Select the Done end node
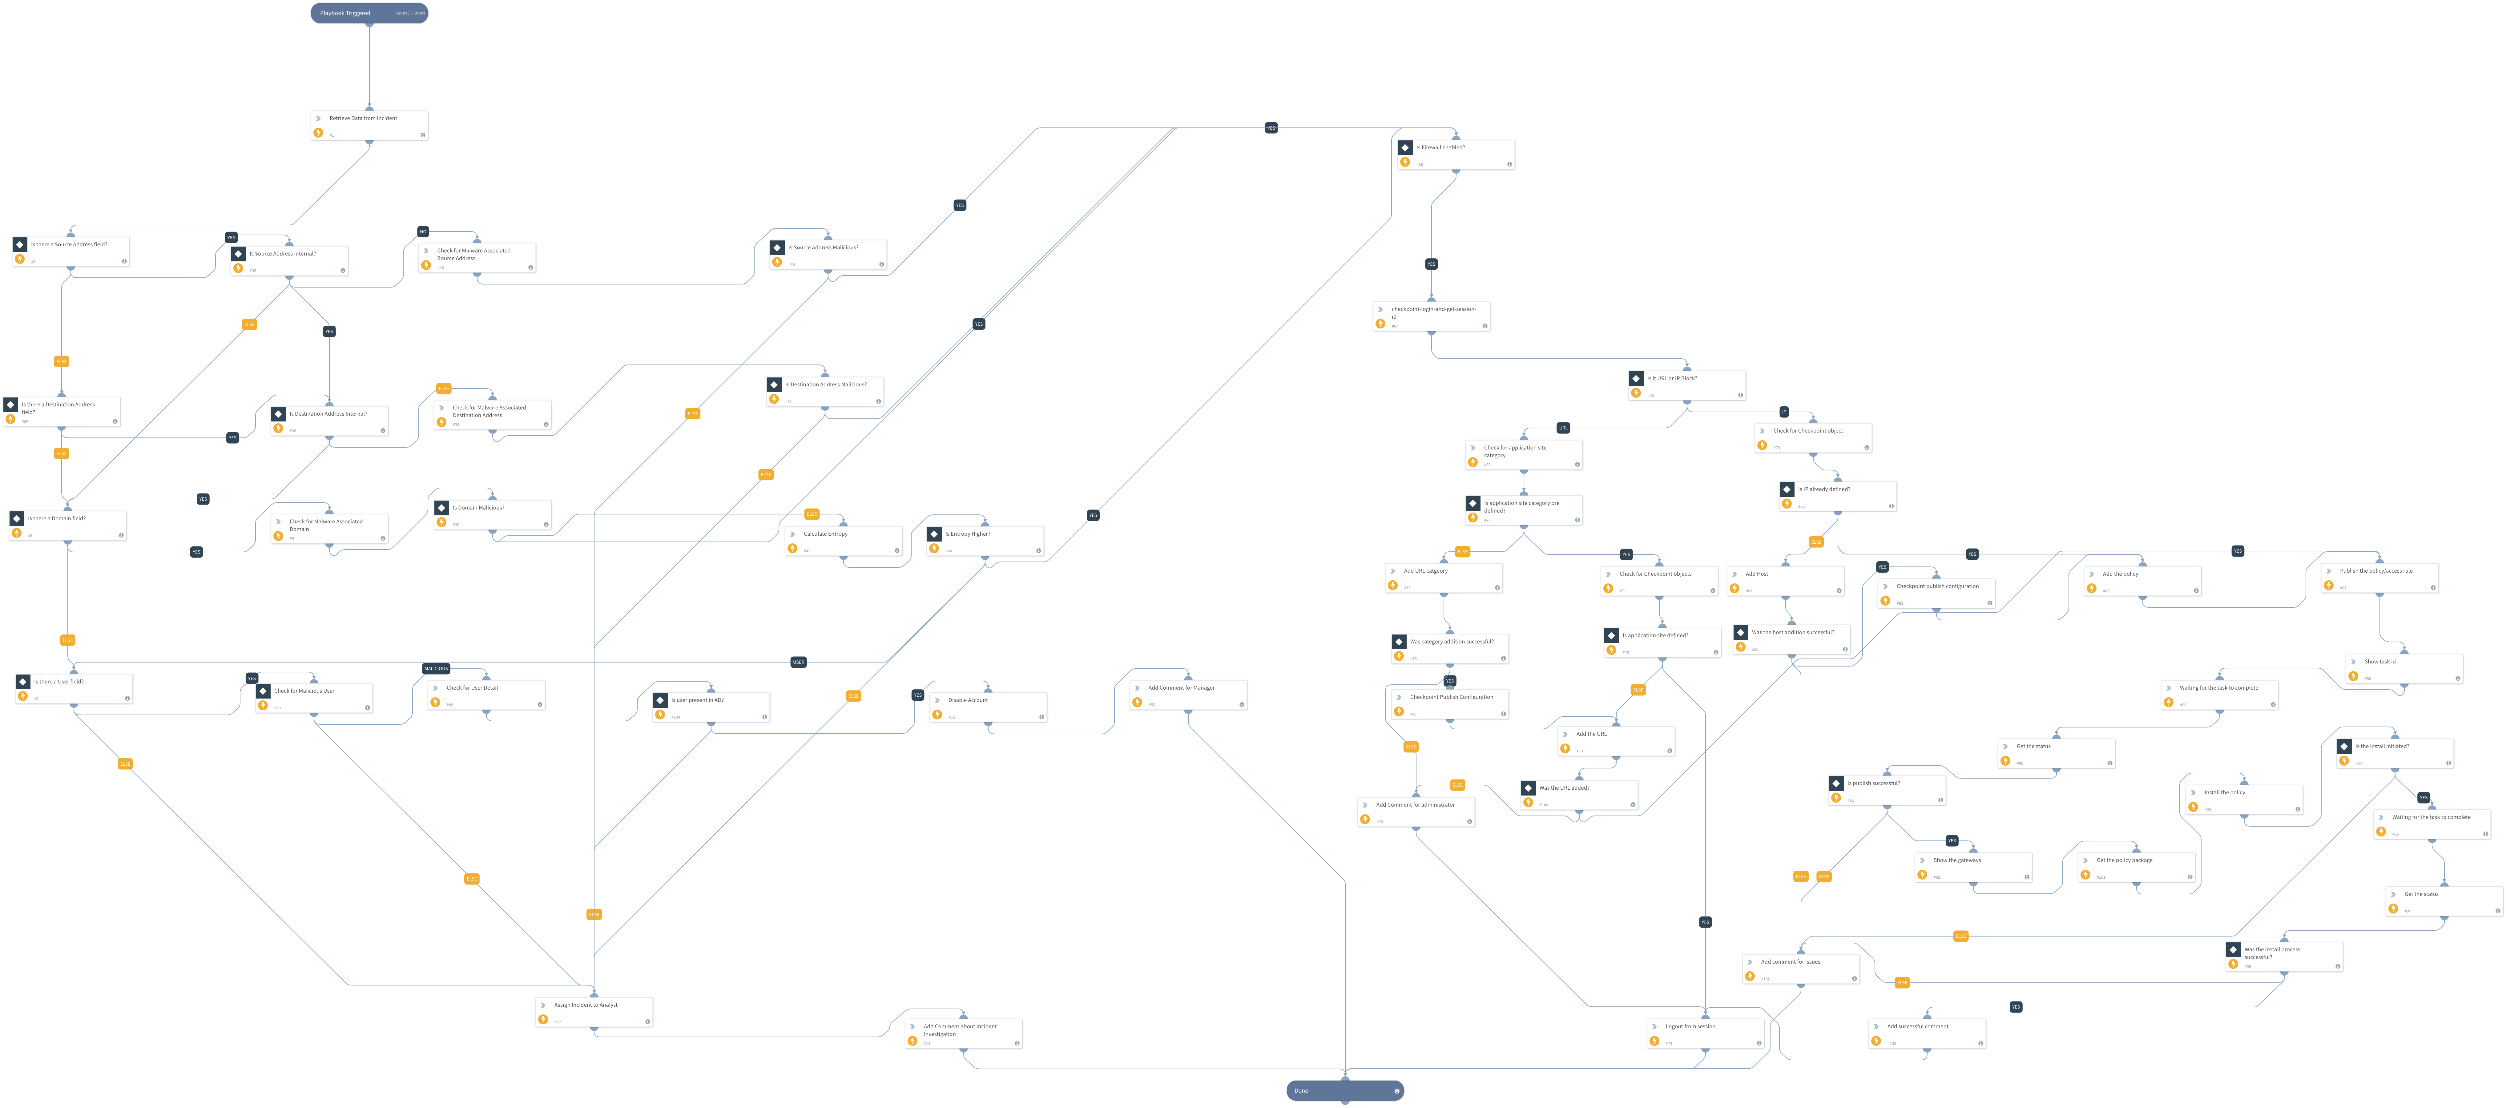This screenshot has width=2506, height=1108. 1344,1090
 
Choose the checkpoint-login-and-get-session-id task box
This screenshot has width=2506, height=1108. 1431,316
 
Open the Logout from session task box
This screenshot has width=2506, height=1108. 1704,1033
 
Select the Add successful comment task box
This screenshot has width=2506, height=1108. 1926,1033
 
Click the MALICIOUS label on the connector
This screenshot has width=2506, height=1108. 436,668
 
